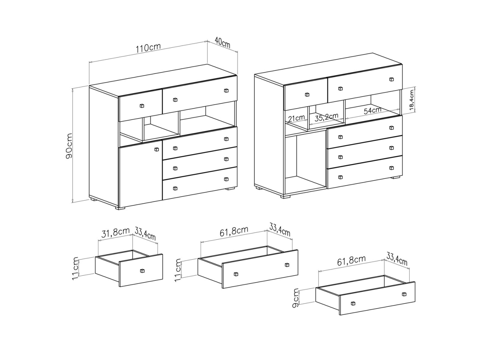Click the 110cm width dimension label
(x=149, y=48)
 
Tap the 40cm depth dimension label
(x=222, y=43)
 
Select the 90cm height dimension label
(x=69, y=146)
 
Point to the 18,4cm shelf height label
(x=411, y=100)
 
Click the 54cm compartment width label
(x=372, y=110)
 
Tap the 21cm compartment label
(x=296, y=118)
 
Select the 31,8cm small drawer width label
(x=116, y=233)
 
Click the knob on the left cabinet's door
(x=157, y=149)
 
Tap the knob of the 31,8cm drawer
(x=142, y=271)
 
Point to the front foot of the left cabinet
(x=120, y=208)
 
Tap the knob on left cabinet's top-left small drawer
(x=142, y=106)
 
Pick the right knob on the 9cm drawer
(x=404, y=294)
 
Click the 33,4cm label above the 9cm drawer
(x=397, y=259)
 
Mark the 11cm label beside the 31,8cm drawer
(x=76, y=269)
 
